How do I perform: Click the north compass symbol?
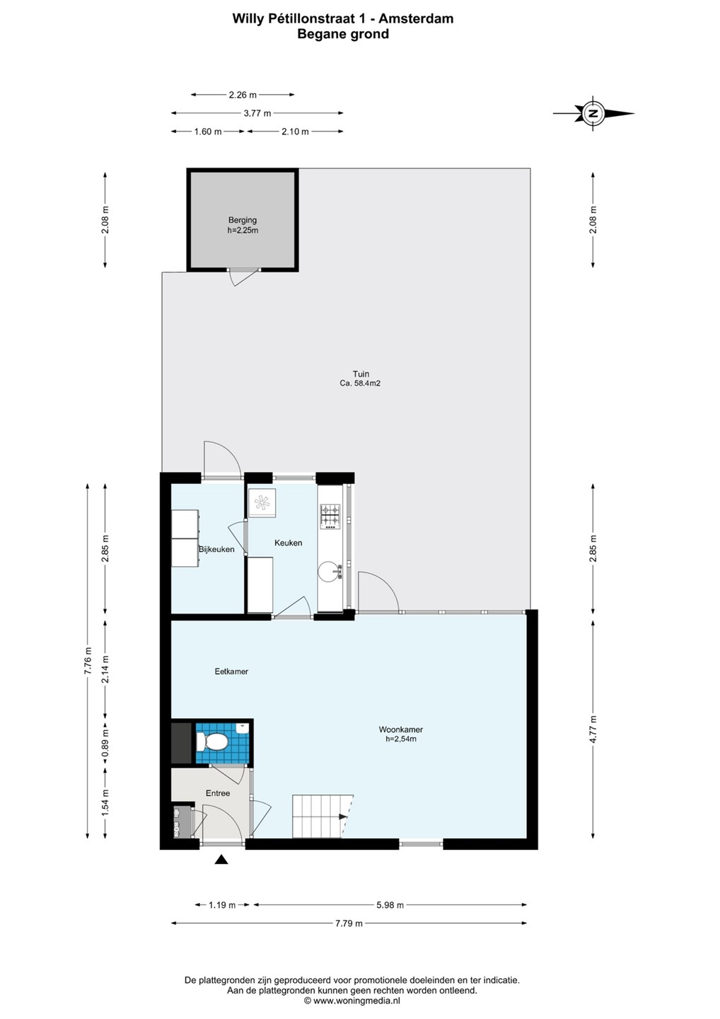[x=593, y=113]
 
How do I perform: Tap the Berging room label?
[x=243, y=220]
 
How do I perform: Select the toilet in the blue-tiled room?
[x=211, y=742]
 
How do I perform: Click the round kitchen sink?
[x=329, y=572]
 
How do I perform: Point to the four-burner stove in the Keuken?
[x=330, y=517]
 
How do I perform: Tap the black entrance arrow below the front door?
[x=221, y=859]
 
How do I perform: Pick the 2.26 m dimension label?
[x=243, y=95]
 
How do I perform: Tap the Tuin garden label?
[x=361, y=374]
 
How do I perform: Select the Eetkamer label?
[x=231, y=671]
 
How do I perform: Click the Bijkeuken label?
[x=216, y=549]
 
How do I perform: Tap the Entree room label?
[x=218, y=793]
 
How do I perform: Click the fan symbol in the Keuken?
[x=262, y=502]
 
